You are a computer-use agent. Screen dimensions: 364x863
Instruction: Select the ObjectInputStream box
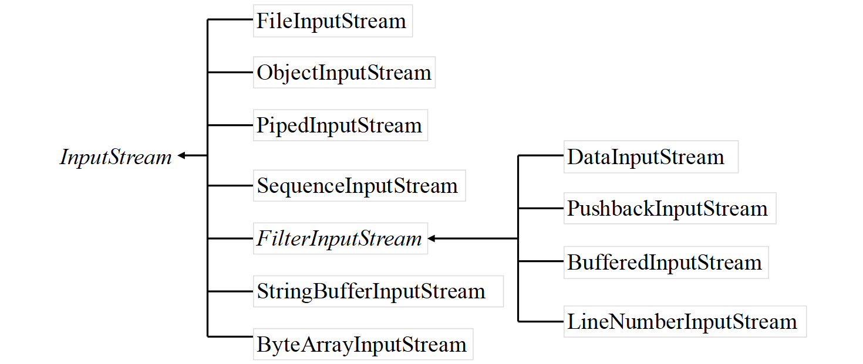(x=344, y=73)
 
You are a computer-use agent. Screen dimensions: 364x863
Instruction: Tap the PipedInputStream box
(x=340, y=125)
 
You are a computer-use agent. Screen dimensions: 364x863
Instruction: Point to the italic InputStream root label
(x=116, y=157)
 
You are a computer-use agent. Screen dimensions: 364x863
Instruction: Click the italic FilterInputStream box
(x=340, y=239)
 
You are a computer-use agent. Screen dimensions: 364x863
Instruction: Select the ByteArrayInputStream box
(x=362, y=344)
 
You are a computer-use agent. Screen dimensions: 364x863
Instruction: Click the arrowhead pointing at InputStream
(x=182, y=155)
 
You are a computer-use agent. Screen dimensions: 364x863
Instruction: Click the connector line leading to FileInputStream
(x=230, y=20)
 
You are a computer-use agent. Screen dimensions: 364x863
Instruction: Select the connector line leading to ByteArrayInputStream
(x=230, y=336)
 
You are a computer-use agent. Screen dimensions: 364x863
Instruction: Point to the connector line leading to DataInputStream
(x=540, y=155)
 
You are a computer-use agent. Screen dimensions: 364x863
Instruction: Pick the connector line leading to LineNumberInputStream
(x=540, y=321)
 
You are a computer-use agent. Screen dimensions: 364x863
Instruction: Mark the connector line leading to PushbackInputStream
(x=540, y=207)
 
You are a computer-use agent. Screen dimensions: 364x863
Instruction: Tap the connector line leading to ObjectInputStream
(x=230, y=73)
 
